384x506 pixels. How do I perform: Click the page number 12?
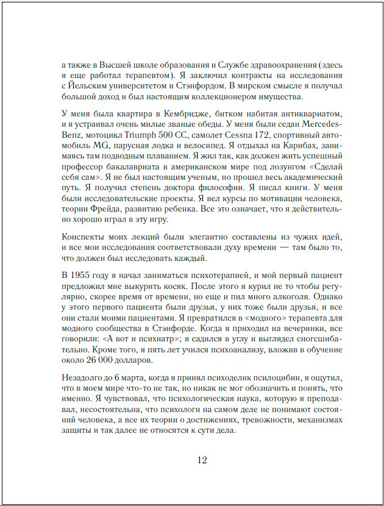click(x=202, y=460)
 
